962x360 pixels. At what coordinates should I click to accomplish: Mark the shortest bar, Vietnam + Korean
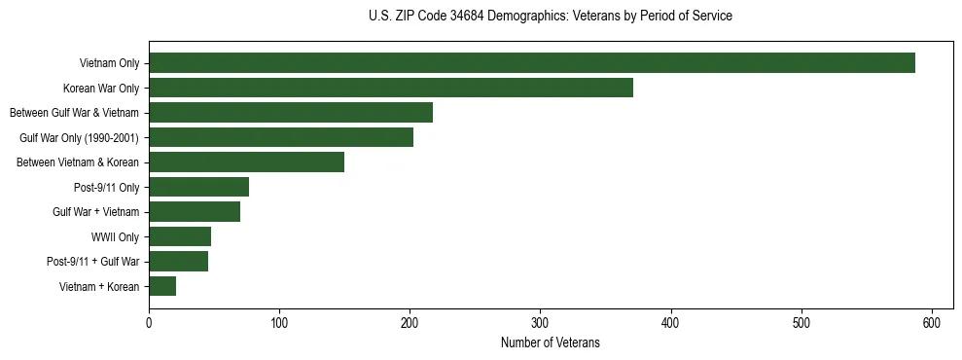point(162,286)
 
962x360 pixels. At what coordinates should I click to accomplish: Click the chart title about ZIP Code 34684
point(551,16)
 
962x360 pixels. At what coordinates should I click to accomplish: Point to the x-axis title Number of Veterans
point(551,343)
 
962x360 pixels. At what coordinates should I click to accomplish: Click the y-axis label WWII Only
point(115,237)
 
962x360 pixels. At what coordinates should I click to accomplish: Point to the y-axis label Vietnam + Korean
point(100,287)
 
